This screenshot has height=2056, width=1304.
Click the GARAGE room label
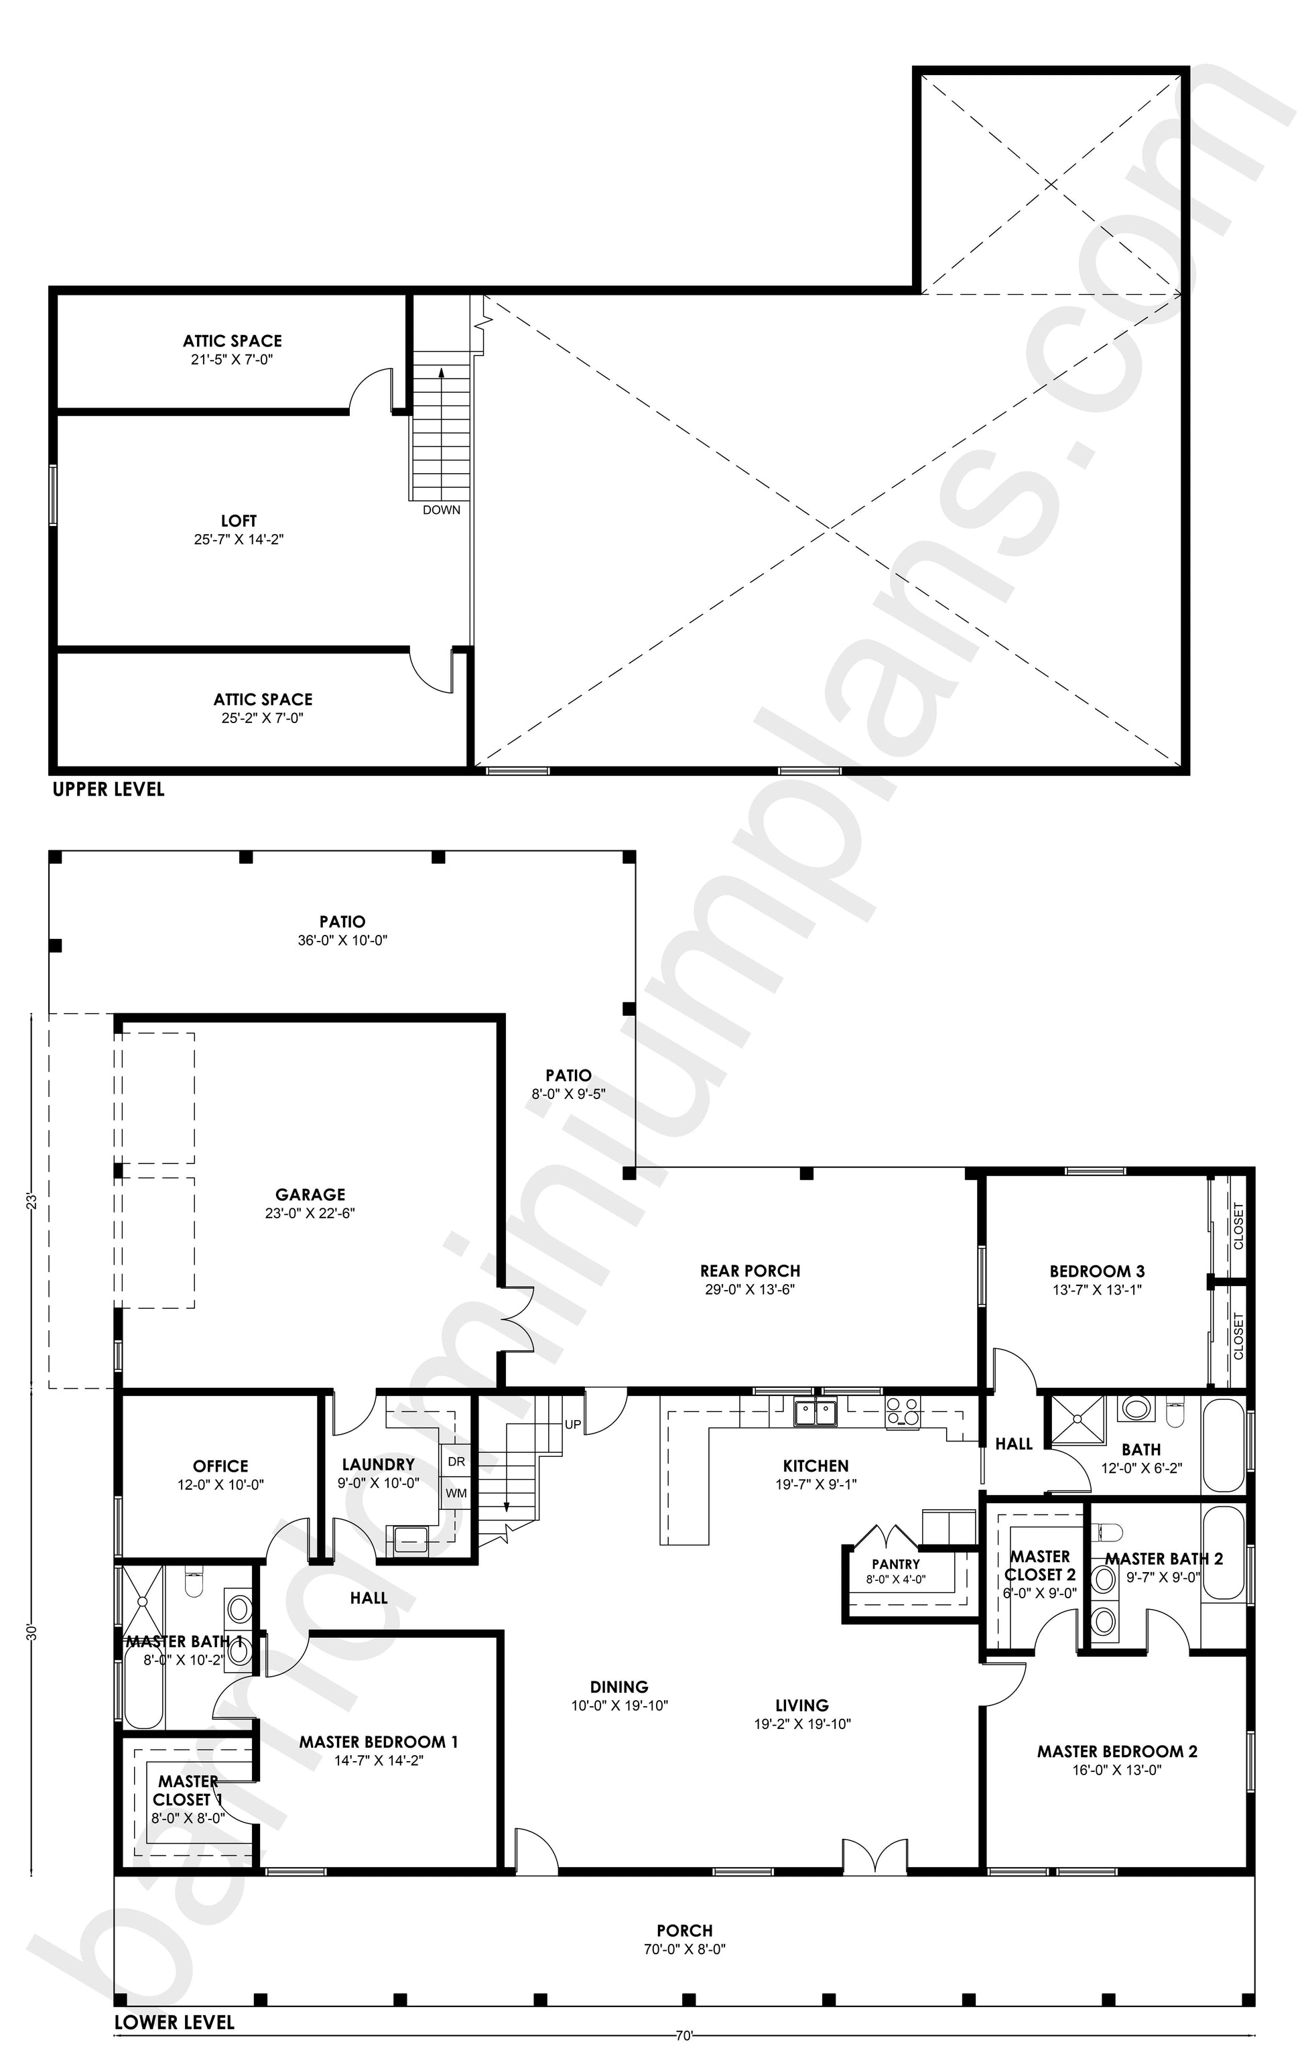coord(310,1194)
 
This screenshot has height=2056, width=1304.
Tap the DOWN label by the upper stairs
coord(442,510)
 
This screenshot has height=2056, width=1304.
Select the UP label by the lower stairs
coord(573,1425)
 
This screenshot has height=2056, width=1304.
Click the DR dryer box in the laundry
coord(456,1461)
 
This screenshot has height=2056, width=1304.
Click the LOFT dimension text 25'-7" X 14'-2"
coord(239,539)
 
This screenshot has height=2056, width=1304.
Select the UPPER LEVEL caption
coord(109,789)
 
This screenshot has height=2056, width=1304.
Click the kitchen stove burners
coord(903,1412)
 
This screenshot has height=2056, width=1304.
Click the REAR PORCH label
coord(751,1271)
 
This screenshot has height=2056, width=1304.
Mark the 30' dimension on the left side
coord(32,1632)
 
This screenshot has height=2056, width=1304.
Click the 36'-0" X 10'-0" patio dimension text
coord(342,940)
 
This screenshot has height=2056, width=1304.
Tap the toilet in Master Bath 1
coord(194,1580)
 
